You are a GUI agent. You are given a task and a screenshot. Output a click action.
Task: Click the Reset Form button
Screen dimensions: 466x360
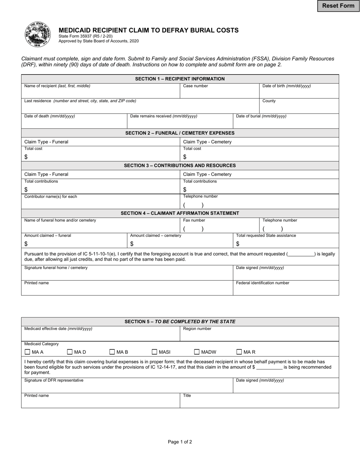(x=338, y=6)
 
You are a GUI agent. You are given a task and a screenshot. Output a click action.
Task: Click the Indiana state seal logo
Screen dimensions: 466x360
(x=38, y=34)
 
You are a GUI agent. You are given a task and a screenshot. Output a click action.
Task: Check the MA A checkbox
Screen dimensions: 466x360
(x=27, y=352)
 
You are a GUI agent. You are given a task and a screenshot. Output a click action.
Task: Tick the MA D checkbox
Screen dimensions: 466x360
(x=70, y=352)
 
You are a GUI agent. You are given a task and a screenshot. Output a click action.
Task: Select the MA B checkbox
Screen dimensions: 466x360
(x=112, y=352)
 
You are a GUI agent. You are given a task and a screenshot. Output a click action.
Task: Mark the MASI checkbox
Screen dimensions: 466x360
(x=155, y=352)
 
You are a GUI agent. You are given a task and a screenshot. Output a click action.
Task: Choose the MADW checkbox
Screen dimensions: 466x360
(x=197, y=352)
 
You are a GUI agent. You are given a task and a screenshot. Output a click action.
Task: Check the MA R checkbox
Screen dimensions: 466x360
(x=239, y=352)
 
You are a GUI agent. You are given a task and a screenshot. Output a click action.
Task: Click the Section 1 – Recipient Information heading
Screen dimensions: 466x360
(x=180, y=79)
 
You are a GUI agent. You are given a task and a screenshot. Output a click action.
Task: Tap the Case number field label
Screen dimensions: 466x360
(x=195, y=86)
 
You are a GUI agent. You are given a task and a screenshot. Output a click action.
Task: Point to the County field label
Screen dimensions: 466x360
(x=269, y=101)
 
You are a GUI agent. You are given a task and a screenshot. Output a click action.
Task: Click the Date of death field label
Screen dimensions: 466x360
(x=50, y=116)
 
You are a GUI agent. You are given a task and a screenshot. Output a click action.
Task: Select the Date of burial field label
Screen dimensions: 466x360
(x=261, y=116)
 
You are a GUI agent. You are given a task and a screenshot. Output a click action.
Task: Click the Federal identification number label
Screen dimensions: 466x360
(x=262, y=283)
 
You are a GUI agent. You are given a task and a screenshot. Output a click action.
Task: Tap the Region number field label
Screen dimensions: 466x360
(x=197, y=329)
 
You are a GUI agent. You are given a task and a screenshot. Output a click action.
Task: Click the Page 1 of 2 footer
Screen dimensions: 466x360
(x=180, y=442)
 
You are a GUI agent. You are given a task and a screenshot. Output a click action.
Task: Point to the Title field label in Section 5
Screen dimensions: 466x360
(x=187, y=396)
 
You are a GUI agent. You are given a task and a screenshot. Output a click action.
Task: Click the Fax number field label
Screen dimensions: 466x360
(x=194, y=220)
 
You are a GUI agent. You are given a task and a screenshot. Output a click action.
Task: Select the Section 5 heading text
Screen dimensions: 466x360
(x=180, y=322)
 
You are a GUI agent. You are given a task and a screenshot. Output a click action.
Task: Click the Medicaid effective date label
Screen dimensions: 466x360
(x=58, y=329)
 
